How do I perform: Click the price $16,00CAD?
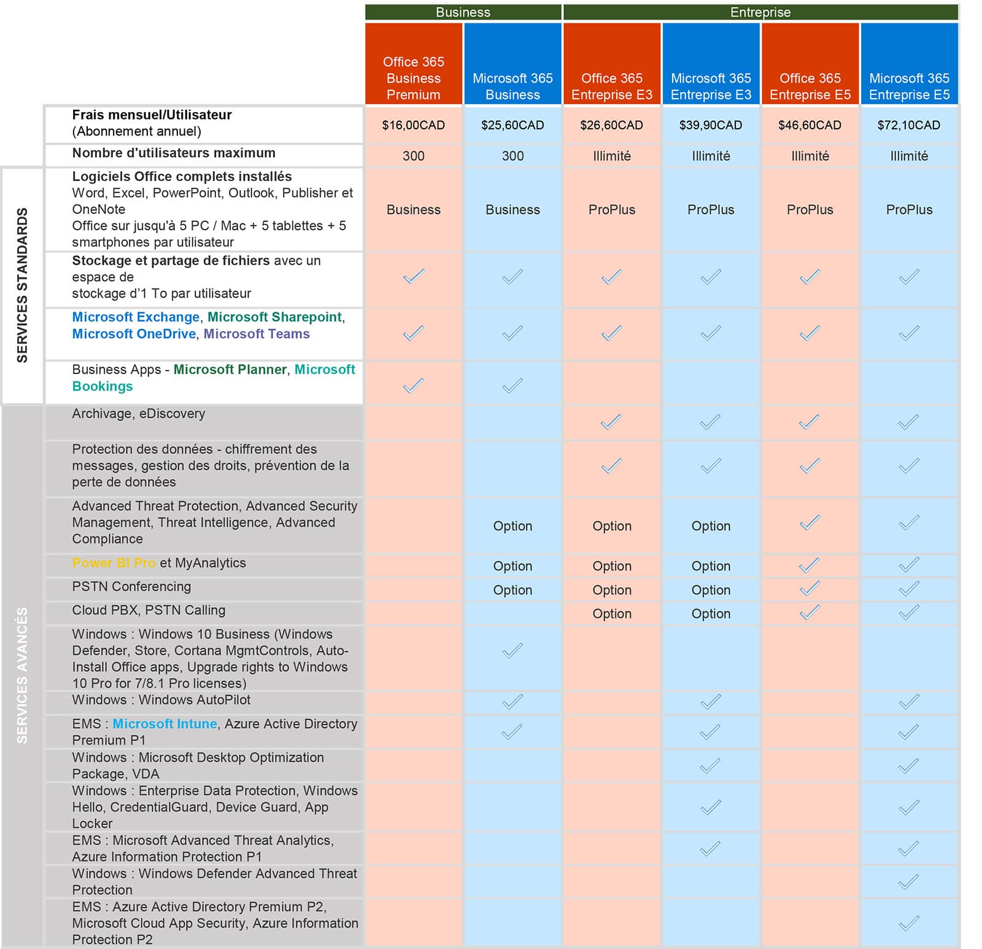click(x=413, y=125)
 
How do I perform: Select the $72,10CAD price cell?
click(x=908, y=125)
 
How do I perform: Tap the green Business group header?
click(x=463, y=12)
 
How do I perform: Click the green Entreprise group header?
click(x=760, y=12)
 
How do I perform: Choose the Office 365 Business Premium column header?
click(x=413, y=78)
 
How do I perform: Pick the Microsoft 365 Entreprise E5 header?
click(x=909, y=86)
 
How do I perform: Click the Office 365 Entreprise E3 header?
click(x=611, y=86)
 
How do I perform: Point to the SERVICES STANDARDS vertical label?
click(x=22, y=285)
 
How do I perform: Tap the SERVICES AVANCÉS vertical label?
click(x=22, y=675)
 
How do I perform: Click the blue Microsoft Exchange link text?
click(x=136, y=317)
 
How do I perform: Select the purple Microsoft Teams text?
click(x=257, y=334)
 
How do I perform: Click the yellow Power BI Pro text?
click(x=114, y=563)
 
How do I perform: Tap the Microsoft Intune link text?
click(x=164, y=724)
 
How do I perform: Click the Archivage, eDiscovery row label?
click(x=139, y=413)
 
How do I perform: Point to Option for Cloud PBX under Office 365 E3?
click(x=611, y=614)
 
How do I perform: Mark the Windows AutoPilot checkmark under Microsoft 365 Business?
click(x=512, y=701)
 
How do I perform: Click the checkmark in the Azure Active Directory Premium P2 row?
click(x=908, y=923)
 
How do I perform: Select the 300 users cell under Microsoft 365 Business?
click(x=512, y=156)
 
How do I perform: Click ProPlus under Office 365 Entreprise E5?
click(x=810, y=210)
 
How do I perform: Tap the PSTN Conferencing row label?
click(x=131, y=586)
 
